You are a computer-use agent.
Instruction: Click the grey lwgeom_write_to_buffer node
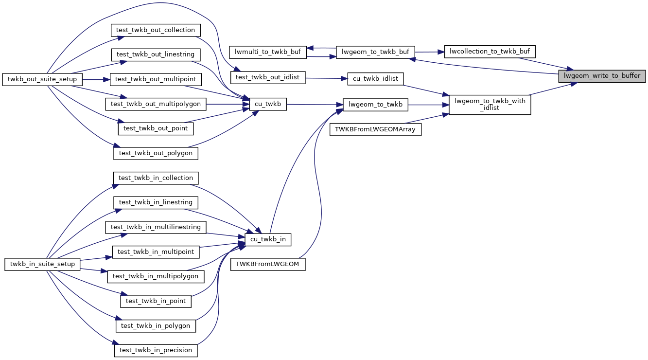[x=602, y=76]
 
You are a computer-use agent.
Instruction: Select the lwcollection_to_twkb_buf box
[x=490, y=51]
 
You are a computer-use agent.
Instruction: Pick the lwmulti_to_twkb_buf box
[x=268, y=52]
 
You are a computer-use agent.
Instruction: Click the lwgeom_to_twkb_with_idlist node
[x=490, y=105]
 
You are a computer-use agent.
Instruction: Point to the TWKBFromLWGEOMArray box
[x=375, y=129]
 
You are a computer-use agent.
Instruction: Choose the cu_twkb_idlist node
[x=376, y=78]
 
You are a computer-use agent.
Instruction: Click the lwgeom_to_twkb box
[x=376, y=104]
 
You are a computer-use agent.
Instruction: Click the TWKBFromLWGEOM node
[x=268, y=264]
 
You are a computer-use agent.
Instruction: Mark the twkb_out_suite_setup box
[x=42, y=79]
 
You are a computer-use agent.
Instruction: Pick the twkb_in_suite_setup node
[x=42, y=264]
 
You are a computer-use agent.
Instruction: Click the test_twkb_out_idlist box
[x=268, y=77]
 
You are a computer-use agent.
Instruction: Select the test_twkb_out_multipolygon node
[x=156, y=104]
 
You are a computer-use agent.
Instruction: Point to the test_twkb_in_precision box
[x=156, y=350]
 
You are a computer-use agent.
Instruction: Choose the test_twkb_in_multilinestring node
[x=156, y=227]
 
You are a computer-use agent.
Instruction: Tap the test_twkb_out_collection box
[x=156, y=30]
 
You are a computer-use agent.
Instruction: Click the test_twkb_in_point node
[x=156, y=301]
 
